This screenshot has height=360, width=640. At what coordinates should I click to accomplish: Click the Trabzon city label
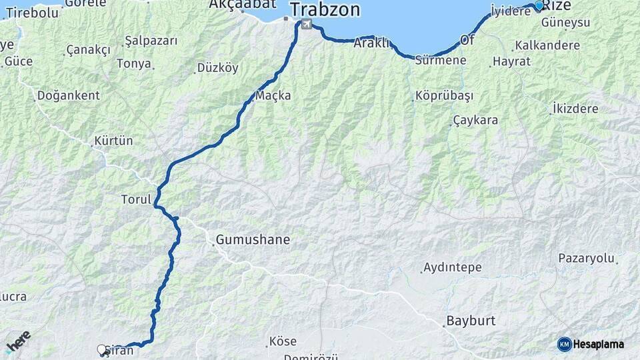pyautogui.click(x=325, y=10)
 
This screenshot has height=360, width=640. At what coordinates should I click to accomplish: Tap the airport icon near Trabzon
pyautogui.click(x=306, y=25)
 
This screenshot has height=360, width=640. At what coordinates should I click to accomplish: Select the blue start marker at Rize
pyautogui.click(x=539, y=5)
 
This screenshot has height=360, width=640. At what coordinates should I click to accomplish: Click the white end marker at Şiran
pyautogui.click(x=102, y=349)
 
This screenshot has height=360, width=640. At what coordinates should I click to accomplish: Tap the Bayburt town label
pyautogui.click(x=471, y=321)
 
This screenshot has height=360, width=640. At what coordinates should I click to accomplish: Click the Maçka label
pyautogui.click(x=273, y=95)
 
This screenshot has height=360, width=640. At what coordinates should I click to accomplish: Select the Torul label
pyautogui.click(x=135, y=199)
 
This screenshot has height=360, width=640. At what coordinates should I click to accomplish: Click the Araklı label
pyautogui.click(x=371, y=43)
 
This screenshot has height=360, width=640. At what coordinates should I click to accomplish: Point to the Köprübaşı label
pyautogui.click(x=444, y=95)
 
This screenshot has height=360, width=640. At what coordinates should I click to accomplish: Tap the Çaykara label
pyautogui.click(x=475, y=121)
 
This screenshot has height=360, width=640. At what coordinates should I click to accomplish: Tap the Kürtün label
pyautogui.click(x=113, y=141)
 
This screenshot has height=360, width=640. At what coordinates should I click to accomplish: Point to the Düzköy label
pyautogui.click(x=217, y=68)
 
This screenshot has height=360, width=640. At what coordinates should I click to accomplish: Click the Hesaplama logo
pyautogui.click(x=591, y=344)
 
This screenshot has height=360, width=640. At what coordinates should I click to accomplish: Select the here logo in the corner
pyautogui.click(x=18, y=341)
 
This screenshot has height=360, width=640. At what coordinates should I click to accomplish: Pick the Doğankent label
pyautogui.click(x=68, y=95)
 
